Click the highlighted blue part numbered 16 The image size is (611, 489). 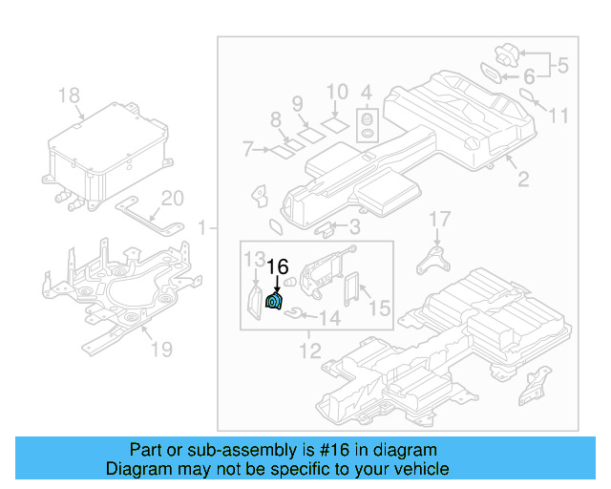[273, 303]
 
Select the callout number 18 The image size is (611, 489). [69, 96]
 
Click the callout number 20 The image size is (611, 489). [172, 199]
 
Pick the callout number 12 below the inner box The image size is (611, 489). [310, 351]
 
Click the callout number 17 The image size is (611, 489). [438, 220]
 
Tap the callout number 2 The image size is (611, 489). [522, 179]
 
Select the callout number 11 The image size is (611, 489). [558, 116]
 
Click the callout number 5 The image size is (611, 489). [562, 66]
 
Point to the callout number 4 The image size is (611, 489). [366, 93]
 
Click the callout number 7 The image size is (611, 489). [247, 149]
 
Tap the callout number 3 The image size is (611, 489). [354, 226]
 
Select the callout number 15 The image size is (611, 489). [379, 308]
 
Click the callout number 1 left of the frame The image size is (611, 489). [202, 227]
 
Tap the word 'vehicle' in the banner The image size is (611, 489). [420, 469]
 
